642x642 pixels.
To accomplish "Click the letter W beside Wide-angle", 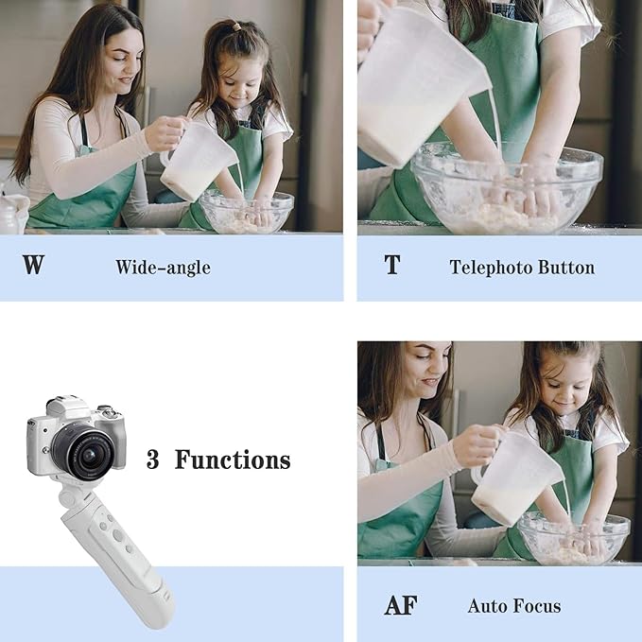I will pos(33,266).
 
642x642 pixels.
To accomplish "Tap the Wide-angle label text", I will pos(163,268).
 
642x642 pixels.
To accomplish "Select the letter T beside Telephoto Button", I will pos(391,266).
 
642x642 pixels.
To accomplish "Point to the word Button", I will pos(565,268).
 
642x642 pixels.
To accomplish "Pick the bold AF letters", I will pos(400,605).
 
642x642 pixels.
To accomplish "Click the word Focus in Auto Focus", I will pos(538,606).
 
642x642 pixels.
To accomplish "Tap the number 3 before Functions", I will pos(152,460).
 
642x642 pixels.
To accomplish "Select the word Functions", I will pos(233,460).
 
